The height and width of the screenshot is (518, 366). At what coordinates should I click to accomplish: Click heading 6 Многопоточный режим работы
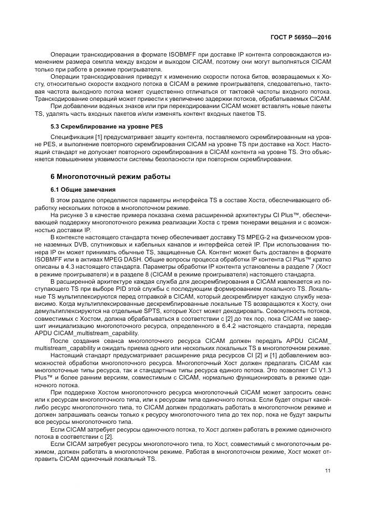coord(102,177)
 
